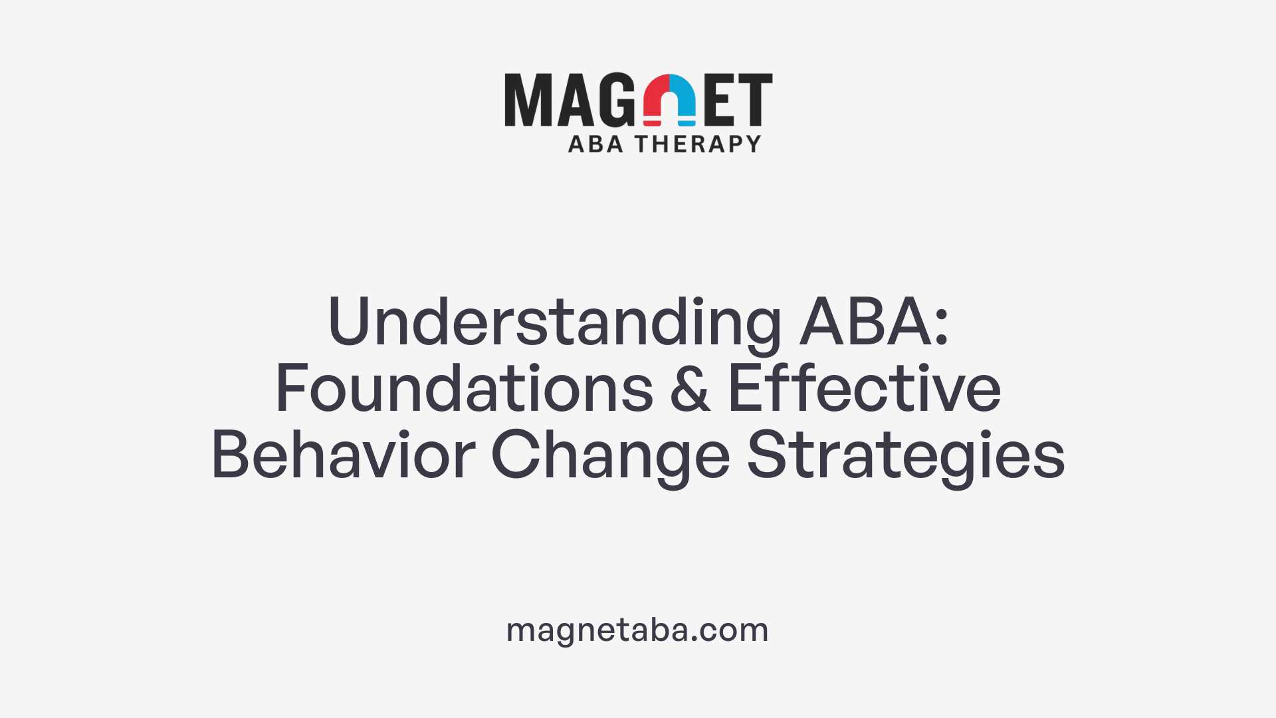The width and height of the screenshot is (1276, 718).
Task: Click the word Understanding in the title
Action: pos(555,322)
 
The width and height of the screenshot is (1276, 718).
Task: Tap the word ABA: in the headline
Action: pos(874,322)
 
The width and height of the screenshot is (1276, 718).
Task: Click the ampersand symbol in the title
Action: pos(691,389)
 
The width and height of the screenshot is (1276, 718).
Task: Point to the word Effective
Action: pos(864,389)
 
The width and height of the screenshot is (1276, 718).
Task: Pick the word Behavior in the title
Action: pos(343,455)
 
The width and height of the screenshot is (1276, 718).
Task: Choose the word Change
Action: pos(610,455)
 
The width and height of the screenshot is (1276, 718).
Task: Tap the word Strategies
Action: pos(906,455)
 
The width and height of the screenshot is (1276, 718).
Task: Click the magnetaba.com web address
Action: pos(637,630)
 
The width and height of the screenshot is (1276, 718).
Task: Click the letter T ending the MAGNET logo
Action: pos(756,100)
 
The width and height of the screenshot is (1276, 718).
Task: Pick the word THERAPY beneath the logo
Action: pos(698,144)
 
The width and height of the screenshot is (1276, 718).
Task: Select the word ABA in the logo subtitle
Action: pos(595,144)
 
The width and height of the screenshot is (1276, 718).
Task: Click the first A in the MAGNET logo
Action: pos(572,100)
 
